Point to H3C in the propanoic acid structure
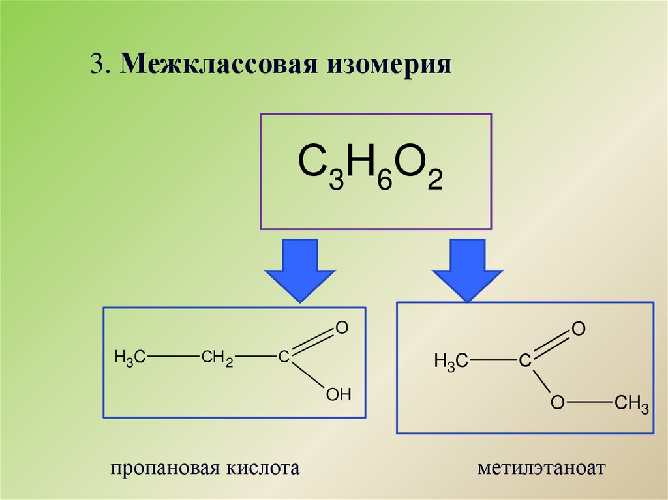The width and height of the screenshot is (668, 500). click(x=129, y=357)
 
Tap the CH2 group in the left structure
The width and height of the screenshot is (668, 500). click(x=217, y=357)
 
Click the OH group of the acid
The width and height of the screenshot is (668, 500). click(x=339, y=394)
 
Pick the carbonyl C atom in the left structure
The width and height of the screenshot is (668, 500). click(x=283, y=357)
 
